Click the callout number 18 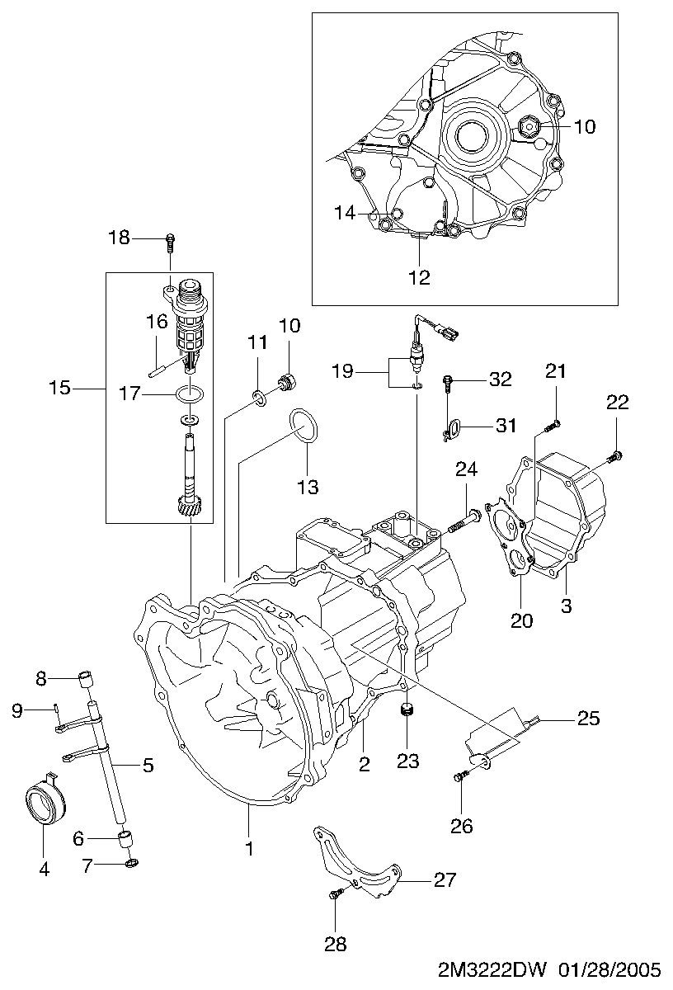click(x=120, y=238)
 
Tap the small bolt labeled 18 click(x=170, y=240)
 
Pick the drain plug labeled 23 click(x=405, y=711)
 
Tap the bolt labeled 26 click(x=461, y=775)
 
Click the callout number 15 click(x=60, y=387)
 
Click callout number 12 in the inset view click(x=420, y=276)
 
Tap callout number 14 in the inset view click(x=345, y=213)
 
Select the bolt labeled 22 click(x=614, y=455)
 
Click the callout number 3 click(x=566, y=606)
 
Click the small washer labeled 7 click(x=132, y=864)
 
